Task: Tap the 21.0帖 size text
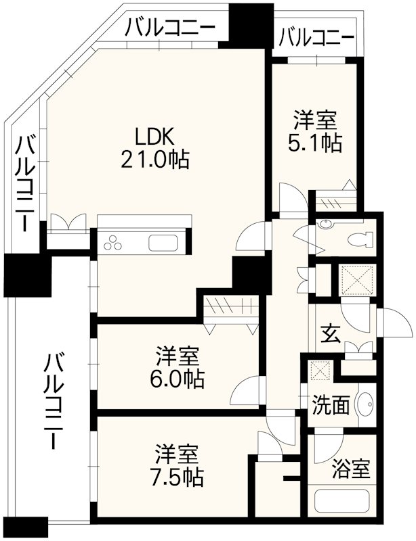(x=156, y=160)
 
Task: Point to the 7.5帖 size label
(x=178, y=476)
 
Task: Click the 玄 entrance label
(x=329, y=333)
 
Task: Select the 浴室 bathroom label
(x=351, y=469)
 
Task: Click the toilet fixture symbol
(x=360, y=239)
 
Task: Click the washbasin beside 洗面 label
(x=365, y=404)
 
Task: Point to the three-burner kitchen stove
(x=112, y=243)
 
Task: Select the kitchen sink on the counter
(x=163, y=243)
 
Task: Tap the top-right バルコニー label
(x=316, y=36)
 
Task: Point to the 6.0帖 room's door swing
(x=246, y=390)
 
